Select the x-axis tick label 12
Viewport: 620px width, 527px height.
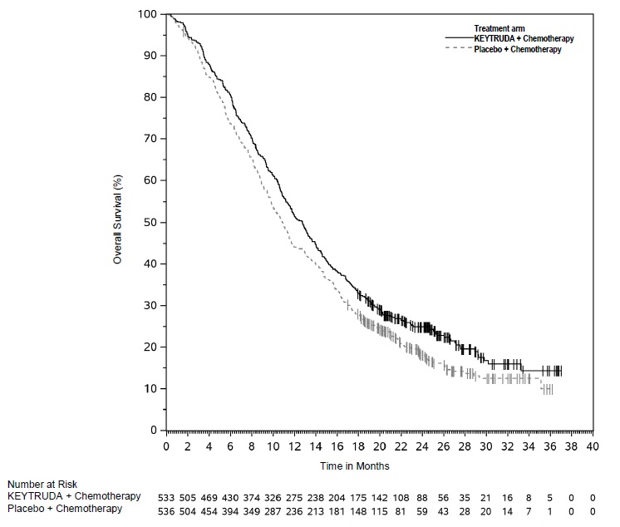click(x=294, y=446)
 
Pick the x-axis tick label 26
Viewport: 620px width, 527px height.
click(x=444, y=446)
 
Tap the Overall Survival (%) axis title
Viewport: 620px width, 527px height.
click(x=118, y=222)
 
